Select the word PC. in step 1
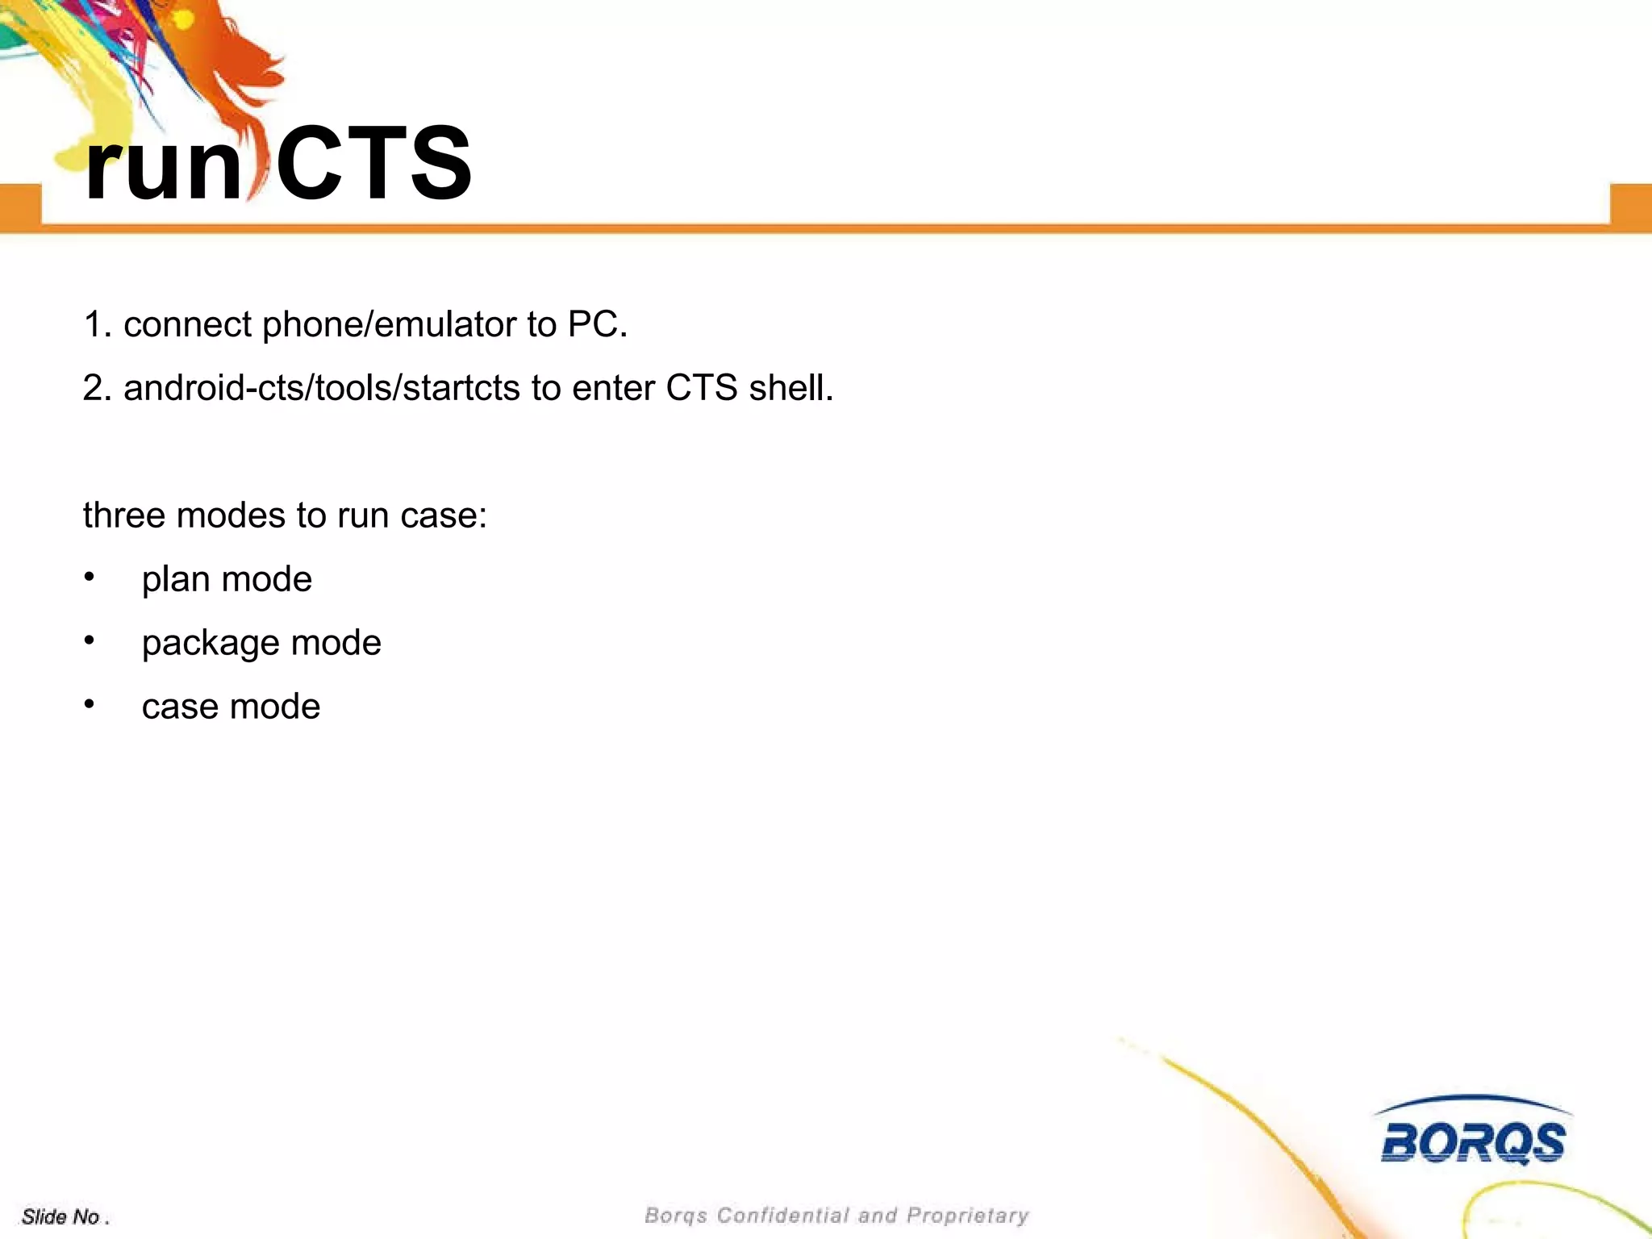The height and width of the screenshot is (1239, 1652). coord(597,324)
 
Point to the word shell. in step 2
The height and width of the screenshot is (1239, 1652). coord(791,388)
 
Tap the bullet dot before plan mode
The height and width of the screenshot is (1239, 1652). coord(90,578)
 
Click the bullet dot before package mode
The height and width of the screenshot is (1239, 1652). coord(90,641)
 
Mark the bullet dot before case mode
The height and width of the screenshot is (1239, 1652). coord(90,705)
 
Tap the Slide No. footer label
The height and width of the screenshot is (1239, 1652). coord(65,1216)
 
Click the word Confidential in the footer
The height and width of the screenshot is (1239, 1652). coord(782,1216)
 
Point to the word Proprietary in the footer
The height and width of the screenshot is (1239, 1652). coord(968,1216)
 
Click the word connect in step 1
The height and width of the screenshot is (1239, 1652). coord(187,325)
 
